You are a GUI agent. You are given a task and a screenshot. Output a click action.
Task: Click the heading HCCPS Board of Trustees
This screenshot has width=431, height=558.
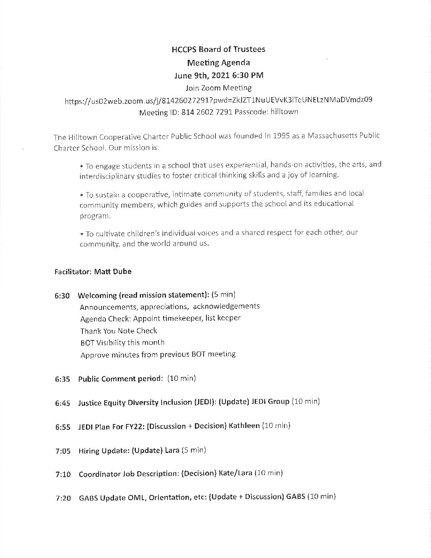(218, 49)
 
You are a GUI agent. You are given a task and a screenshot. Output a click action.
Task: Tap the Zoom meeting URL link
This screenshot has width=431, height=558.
(218, 100)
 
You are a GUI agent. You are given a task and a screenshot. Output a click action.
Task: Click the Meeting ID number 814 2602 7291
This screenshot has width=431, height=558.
(207, 112)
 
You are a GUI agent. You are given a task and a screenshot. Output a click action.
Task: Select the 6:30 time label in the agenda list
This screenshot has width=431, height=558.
(62, 296)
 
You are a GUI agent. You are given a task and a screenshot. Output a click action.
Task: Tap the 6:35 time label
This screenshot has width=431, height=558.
(62, 379)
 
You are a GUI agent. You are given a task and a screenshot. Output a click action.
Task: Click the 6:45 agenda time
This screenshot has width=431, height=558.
(63, 403)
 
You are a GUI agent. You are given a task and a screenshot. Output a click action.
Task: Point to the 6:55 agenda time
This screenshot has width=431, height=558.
(63, 427)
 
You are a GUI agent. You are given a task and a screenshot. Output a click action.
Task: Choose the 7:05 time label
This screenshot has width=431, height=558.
(63, 451)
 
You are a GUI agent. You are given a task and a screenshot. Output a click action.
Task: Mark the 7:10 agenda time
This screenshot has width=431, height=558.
(63, 474)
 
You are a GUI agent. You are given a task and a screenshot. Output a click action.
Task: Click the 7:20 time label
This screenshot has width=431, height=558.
(63, 498)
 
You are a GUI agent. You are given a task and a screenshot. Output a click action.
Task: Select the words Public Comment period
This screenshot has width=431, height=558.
(120, 379)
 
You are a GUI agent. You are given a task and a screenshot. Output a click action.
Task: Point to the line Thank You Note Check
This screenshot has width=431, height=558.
(118, 331)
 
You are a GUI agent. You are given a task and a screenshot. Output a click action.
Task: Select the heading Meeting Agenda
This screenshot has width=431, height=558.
(218, 62)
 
